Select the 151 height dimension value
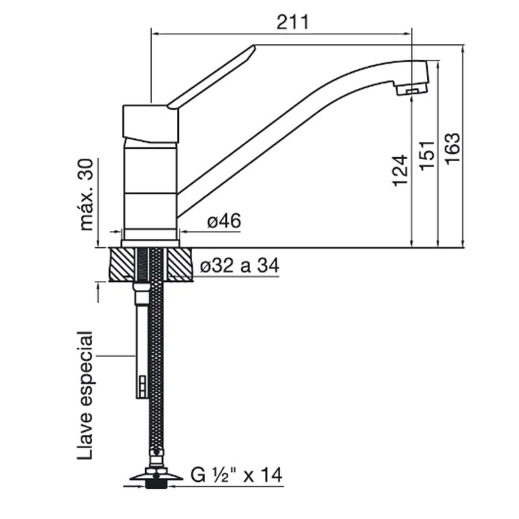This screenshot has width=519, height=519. tap(427, 155)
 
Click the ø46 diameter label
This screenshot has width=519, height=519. tap(224, 221)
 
